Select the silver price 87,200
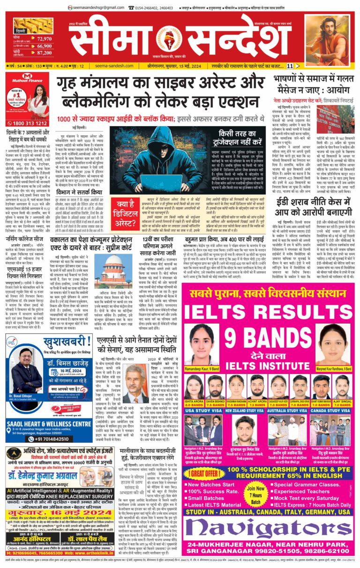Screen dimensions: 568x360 click(44, 54)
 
